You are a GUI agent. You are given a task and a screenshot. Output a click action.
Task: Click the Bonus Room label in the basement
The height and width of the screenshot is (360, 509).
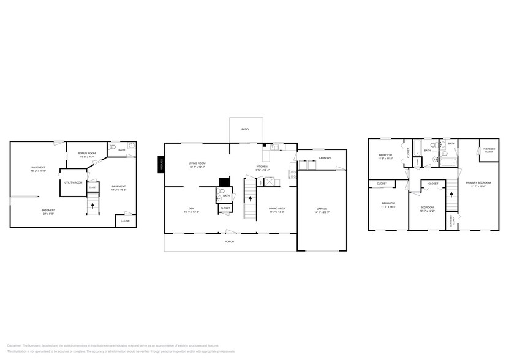(86, 153)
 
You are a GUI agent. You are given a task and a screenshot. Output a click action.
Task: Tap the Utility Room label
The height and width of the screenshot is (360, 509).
(74, 182)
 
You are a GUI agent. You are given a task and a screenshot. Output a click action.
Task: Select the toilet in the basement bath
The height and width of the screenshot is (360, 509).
(111, 148)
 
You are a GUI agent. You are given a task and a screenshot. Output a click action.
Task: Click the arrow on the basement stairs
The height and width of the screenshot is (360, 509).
(92, 206)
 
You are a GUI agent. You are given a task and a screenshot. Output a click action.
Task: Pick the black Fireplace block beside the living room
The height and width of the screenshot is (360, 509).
(161, 165)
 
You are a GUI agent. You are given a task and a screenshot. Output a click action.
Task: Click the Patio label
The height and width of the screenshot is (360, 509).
(245, 129)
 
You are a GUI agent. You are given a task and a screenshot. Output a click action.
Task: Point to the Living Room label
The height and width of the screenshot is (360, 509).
(197, 163)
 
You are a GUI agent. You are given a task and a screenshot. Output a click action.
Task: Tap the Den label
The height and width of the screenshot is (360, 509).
(190, 208)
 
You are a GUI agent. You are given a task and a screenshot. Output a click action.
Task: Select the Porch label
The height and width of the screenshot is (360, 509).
(229, 241)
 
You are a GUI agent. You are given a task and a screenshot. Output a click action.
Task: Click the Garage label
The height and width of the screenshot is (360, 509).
(322, 209)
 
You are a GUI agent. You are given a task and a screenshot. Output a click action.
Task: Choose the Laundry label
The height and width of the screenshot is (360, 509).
(325, 158)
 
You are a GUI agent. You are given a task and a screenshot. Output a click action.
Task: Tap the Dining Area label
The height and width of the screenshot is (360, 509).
(277, 208)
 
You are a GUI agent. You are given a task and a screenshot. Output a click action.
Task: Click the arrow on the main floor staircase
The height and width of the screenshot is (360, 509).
(250, 199)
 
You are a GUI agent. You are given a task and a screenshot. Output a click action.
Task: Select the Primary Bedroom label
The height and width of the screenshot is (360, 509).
(478, 182)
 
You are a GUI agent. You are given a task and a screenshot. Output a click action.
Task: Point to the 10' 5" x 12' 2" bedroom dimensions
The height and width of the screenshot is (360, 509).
(427, 211)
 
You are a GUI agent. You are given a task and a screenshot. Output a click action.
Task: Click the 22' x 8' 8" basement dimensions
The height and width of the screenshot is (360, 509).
(48, 214)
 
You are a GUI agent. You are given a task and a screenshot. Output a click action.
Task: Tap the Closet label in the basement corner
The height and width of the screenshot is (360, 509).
(125, 220)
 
